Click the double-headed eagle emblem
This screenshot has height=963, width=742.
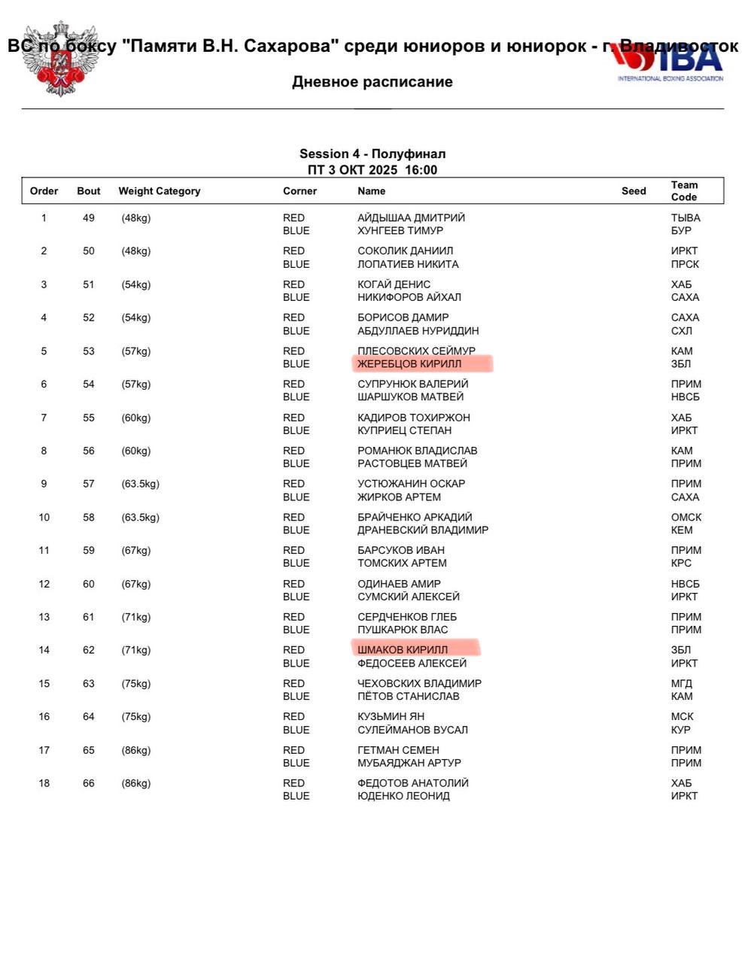[x=58, y=59]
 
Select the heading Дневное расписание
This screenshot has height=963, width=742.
[x=372, y=82]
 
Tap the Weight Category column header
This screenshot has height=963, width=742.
[x=160, y=191]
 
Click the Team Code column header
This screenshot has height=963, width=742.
[x=684, y=191]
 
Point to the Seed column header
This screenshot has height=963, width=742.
[x=634, y=191]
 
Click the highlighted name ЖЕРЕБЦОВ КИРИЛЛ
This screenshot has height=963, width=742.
[x=409, y=364]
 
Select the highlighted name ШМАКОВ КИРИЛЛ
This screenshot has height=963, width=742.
[x=403, y=650]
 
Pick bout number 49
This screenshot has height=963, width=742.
[x=89, y=218]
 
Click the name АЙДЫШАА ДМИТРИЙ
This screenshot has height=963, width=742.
[x=411, y=218]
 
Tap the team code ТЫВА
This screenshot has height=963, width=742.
[x=686, y=218]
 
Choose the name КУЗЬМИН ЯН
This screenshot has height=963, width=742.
[x=391, y=717]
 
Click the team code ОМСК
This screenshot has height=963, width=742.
[x=686, y=518]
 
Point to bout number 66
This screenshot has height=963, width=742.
[x=89, y=783]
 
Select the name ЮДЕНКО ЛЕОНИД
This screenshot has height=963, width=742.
[x=403, y=796]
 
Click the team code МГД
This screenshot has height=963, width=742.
[x=682, y=684]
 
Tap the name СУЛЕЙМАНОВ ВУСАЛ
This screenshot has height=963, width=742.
[x=412, y=730]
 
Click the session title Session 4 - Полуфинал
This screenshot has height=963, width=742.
[x=373, y=154]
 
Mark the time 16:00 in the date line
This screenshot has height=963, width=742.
[x=421, y=170]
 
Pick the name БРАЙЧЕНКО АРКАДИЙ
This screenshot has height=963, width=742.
[x=415, y=518]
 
